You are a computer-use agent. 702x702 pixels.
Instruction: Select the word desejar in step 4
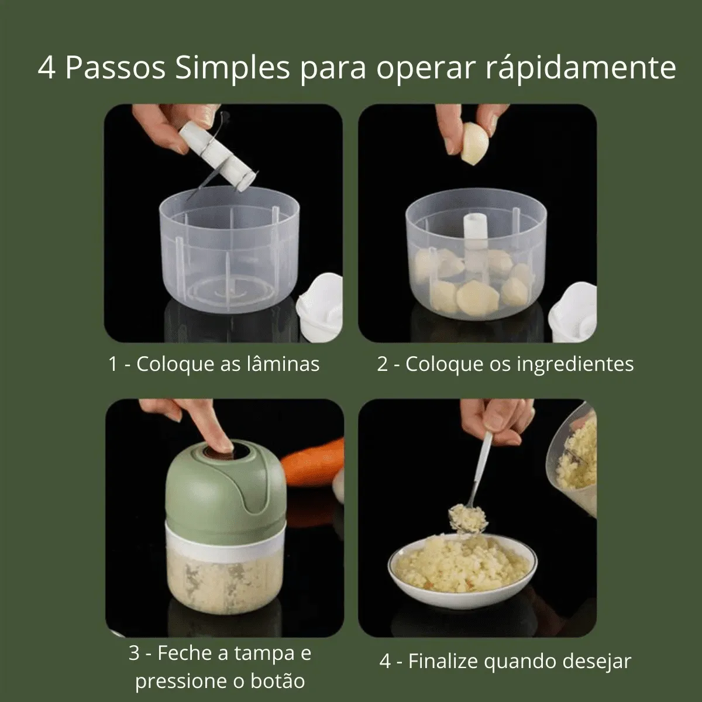597,662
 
